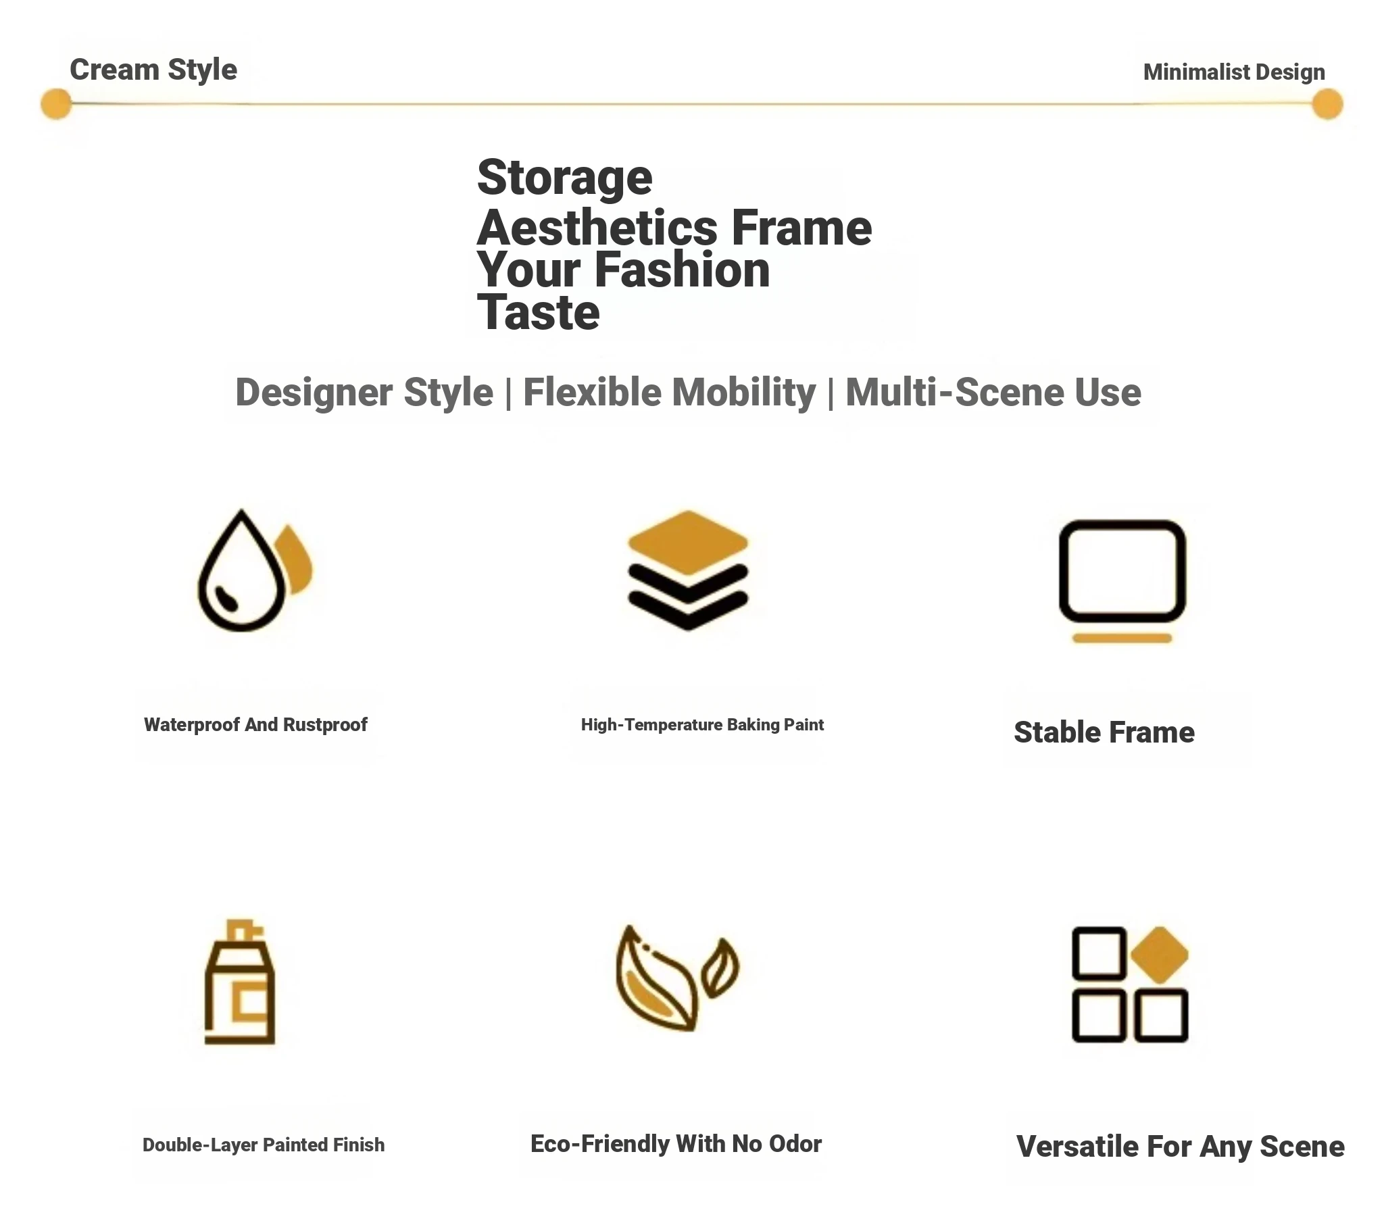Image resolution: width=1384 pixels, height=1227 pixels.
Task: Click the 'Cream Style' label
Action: [x=153, y=70]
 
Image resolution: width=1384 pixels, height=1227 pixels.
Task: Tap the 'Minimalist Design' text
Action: [x=1234, y=72]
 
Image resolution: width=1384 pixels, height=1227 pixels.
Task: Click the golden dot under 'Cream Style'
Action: [x=56, y=103]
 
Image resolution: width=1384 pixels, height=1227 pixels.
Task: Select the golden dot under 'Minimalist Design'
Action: [x=1327, y=103]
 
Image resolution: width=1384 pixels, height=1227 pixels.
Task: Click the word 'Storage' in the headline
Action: [x=565, y=178]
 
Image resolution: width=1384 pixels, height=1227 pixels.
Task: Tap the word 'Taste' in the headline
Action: [x=539, y=313]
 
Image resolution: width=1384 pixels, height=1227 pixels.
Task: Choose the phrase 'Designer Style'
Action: [x=364, y=393]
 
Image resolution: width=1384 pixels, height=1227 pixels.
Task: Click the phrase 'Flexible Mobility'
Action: [x=669, y=393]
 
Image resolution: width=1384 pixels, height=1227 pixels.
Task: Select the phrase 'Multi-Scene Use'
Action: [x=993, y=393]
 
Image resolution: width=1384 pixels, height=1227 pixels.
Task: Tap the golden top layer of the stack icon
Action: [x=687, y=543]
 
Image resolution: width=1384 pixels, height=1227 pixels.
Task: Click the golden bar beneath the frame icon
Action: [x=1122, y=638]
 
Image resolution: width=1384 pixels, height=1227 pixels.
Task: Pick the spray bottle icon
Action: [x=240, y=982]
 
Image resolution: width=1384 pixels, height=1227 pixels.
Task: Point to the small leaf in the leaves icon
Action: [x=720, y=968]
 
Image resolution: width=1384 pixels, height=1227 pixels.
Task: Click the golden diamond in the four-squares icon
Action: [x=1159, y=955]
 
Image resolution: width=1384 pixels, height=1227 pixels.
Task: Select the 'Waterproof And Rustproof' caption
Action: [x=255, y=724]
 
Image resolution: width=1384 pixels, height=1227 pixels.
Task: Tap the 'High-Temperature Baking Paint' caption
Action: [x=702, y=724]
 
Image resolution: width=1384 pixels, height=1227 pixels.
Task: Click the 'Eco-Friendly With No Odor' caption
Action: [x=676, y=1144]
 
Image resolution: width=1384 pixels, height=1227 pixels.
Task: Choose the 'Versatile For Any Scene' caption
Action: [x=1180, y=1147]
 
